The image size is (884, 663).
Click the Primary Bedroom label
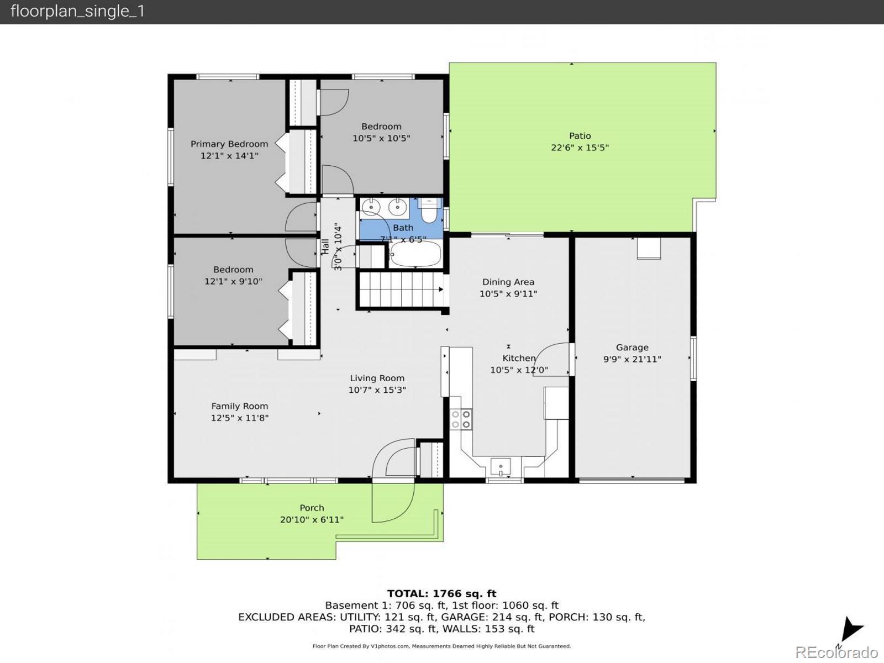tap(229, 144)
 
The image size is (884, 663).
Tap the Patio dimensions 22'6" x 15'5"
tap(580, 148)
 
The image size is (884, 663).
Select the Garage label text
tap(632, 348)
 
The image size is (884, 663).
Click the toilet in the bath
tap(429, 211)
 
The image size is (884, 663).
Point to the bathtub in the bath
tap(415, 254)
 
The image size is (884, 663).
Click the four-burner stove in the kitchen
tap(461, 419)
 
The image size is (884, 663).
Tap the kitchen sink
tap(501, 467)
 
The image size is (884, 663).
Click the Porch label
tap(312, 508)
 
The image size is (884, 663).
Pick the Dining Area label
tap(508, 282)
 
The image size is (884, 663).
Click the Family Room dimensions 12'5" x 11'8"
tap(240, 418)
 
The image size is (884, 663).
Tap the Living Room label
tap(377, 378)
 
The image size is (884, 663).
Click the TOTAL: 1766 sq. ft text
tap(442, 593)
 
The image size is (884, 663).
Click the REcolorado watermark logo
tap(836, 652)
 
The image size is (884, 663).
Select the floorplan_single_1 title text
tap(77, 11)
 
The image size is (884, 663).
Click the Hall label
tap(325, 246)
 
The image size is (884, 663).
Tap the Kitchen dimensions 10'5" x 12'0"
tap(519, 370)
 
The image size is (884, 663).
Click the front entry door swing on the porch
tap(393, 502)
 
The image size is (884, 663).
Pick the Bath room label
tap(403, 228)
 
